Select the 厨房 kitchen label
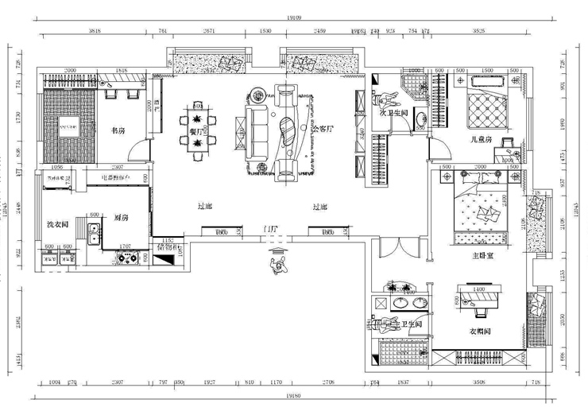pyautogui.click(x=121, y=215)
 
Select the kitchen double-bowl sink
pyautogui.click(x=94, y=232)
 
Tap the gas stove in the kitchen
pyautogui.click(x=128, y=258)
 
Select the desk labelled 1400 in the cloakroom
pyautogui.click(x=479, y=297)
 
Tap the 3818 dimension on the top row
pyautogui.click(x=95, y=29)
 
